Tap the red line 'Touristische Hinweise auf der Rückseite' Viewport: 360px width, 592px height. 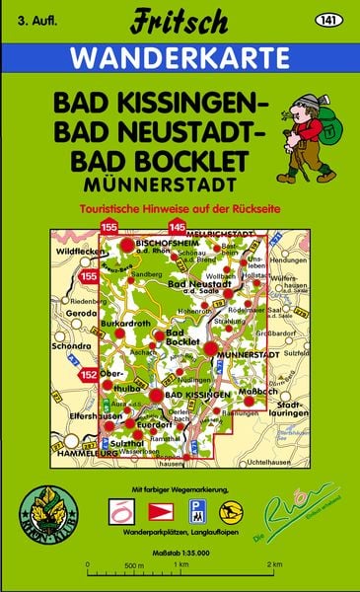pyautogui.click(x=179, y=209)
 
